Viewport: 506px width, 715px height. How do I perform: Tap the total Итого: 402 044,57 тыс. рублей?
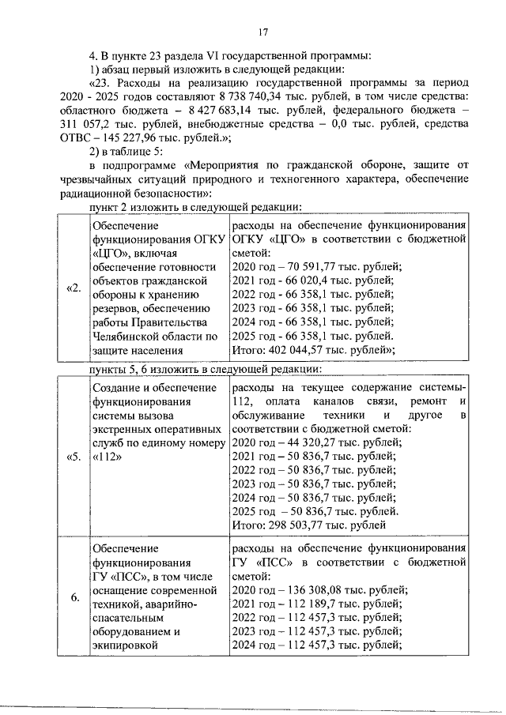(313, 352)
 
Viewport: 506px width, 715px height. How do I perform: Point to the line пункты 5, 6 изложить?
(206, 369)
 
